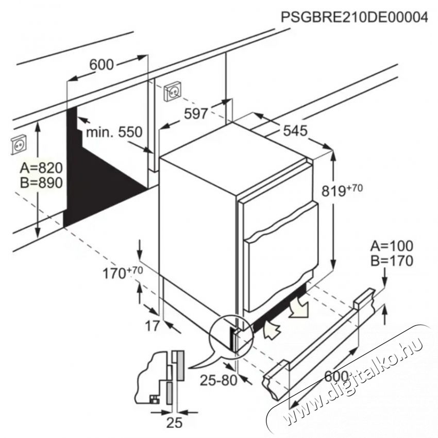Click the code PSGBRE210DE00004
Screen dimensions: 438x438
pyautogui.click(x=354, y=17)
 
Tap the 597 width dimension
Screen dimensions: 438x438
pyautogui.click(x=196, y=113)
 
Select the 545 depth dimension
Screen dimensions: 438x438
pyautogui.click(x=295, y=130)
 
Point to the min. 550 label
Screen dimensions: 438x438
pyautogui.click(x=113, y=132)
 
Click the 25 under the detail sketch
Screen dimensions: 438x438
pyautogui.click(x=176, y=423)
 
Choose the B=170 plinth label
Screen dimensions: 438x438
pyautogui.click(x=391, y=261)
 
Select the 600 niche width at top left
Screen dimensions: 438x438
pyautogui.click(x=101, y=64)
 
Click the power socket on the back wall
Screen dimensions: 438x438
pyautogui.click(x=172, y=92)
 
